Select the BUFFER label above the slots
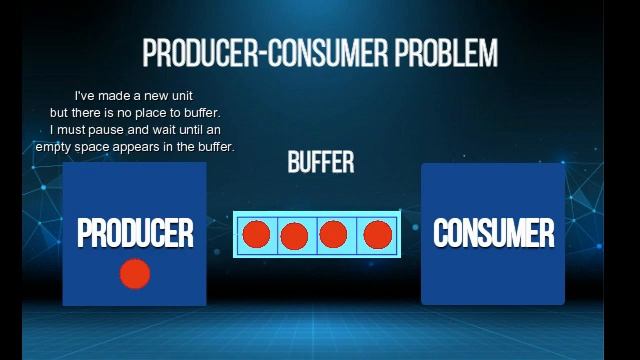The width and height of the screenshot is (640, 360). coord(321,162)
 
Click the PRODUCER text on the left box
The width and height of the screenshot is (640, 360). coord(135,233)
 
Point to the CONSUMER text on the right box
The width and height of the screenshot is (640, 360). coord(493,233)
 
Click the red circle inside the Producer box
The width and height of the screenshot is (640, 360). coord(135,273)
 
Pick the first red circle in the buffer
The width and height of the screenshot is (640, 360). coord(257,235)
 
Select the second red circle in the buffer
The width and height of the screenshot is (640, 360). coord(294,236)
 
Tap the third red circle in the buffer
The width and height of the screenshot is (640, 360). coord(333,235)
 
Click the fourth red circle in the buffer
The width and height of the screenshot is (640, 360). coord(377,235)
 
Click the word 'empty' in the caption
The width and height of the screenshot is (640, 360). coord(54,147)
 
